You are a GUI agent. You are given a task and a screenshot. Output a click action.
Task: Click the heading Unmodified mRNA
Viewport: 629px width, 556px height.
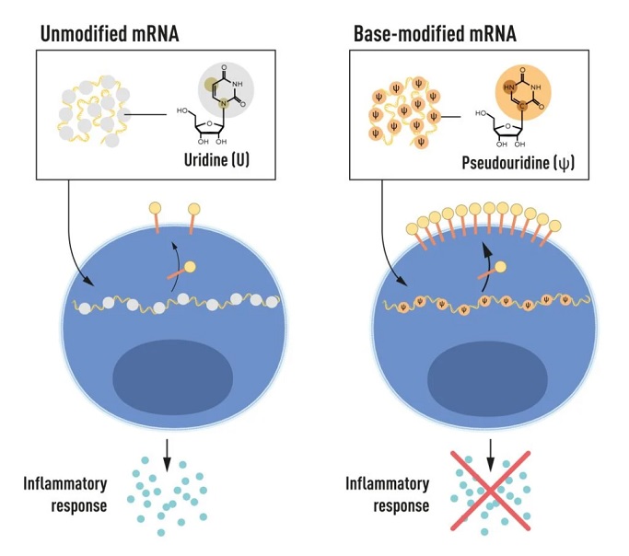tap(110, 33)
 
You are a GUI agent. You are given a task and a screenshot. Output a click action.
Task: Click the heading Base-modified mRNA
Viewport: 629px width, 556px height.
tap(435, 33)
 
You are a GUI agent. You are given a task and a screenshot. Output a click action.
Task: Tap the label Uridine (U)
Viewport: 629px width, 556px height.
tap(216, 160)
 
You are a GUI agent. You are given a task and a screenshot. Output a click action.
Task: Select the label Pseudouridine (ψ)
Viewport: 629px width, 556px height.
tap(518, 163)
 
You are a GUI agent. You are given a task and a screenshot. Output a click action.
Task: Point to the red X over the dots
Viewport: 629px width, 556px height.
tap(490, 491)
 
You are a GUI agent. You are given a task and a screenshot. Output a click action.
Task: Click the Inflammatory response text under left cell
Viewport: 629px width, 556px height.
tap(65, 494)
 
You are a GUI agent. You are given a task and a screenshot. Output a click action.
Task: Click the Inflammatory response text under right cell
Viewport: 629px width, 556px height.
tap(388, 494)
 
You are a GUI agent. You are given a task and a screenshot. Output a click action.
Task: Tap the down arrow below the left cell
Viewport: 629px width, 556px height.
tap(167, 455)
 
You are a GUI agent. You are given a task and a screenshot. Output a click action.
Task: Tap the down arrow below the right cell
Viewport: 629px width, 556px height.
tap(490, 455)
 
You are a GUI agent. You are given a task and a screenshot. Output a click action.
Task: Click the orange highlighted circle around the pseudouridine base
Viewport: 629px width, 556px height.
tap(523, 93)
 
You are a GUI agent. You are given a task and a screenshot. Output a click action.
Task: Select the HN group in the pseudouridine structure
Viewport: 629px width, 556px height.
tap(508, 87)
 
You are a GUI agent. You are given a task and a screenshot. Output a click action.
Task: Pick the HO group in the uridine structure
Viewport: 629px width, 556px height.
tap(182, 110)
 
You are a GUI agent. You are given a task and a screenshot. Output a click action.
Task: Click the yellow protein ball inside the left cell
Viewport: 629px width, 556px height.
tap(190, 267)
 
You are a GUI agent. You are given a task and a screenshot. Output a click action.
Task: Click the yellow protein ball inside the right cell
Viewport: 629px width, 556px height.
tap(500, 267)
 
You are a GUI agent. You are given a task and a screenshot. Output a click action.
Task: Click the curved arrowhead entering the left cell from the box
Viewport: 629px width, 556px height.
tap(90, 283)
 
